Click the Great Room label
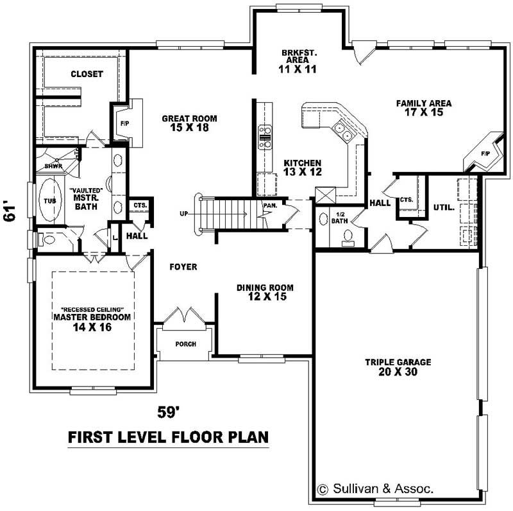point(189,123)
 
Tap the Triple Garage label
point(398,367)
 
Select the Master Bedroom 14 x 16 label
point(92,322)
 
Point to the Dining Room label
point(265,292)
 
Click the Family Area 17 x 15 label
point(423,107)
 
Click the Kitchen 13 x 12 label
point(302,168)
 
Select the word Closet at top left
point(87,74)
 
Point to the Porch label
point(185,344)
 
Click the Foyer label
point(183,266)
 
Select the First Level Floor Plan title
point(168,438)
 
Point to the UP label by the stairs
point(185,212)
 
